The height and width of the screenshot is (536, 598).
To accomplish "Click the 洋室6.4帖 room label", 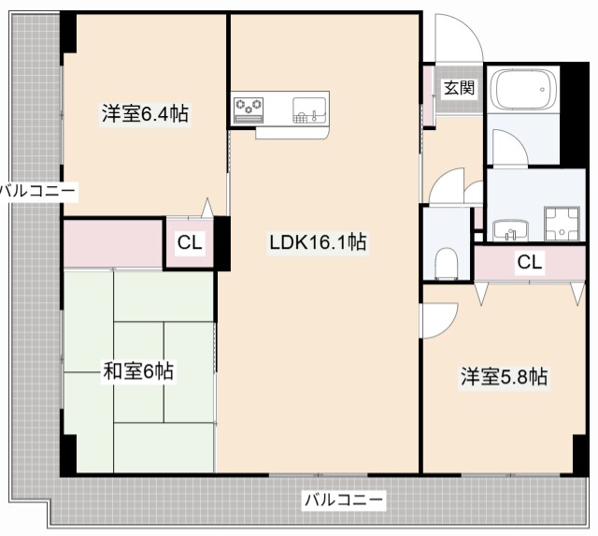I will (x=145, y=114).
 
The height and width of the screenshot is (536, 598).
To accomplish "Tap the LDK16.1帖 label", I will (x=317, y=243).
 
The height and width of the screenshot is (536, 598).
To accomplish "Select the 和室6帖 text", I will (x=137, y=371).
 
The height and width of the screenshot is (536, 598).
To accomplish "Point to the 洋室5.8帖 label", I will (x=503, y=377).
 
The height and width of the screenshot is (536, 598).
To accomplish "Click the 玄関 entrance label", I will (x=458, y=89).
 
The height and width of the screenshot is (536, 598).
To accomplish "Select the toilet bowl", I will (x=446, y=262).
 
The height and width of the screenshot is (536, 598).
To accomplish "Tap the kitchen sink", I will (x=309, y=107).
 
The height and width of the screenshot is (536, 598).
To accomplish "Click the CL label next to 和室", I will (x=190, y=243).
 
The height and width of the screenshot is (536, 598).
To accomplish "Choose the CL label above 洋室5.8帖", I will (x=529, y=263).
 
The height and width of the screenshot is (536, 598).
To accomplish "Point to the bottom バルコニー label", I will (x=343, y=500).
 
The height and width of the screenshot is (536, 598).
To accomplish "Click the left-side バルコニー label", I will (x=37, y=191).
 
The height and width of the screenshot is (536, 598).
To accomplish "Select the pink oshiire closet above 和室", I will (x=113, y=243).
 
